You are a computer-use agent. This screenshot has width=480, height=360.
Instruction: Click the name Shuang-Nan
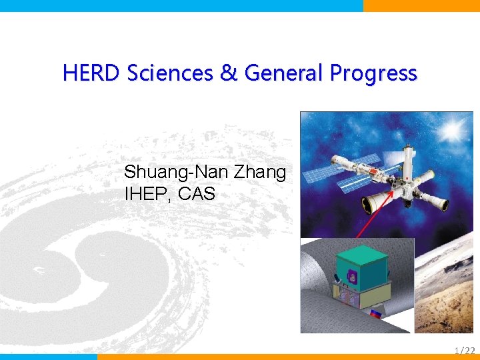[x=177, y=173]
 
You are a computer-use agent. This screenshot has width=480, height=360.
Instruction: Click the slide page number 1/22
[x=464, y=350]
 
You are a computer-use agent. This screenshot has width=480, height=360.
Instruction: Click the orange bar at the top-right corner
[x=421, y=5]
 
